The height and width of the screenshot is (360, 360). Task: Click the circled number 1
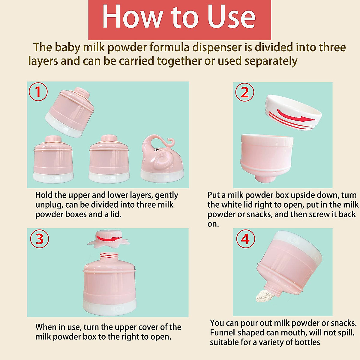(38, 92)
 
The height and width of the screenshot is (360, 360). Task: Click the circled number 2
(244, 92)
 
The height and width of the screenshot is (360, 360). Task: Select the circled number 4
(245, 239)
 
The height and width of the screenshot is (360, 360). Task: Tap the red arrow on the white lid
(297, 117)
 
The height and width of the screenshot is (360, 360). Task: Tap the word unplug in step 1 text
(47, 205)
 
